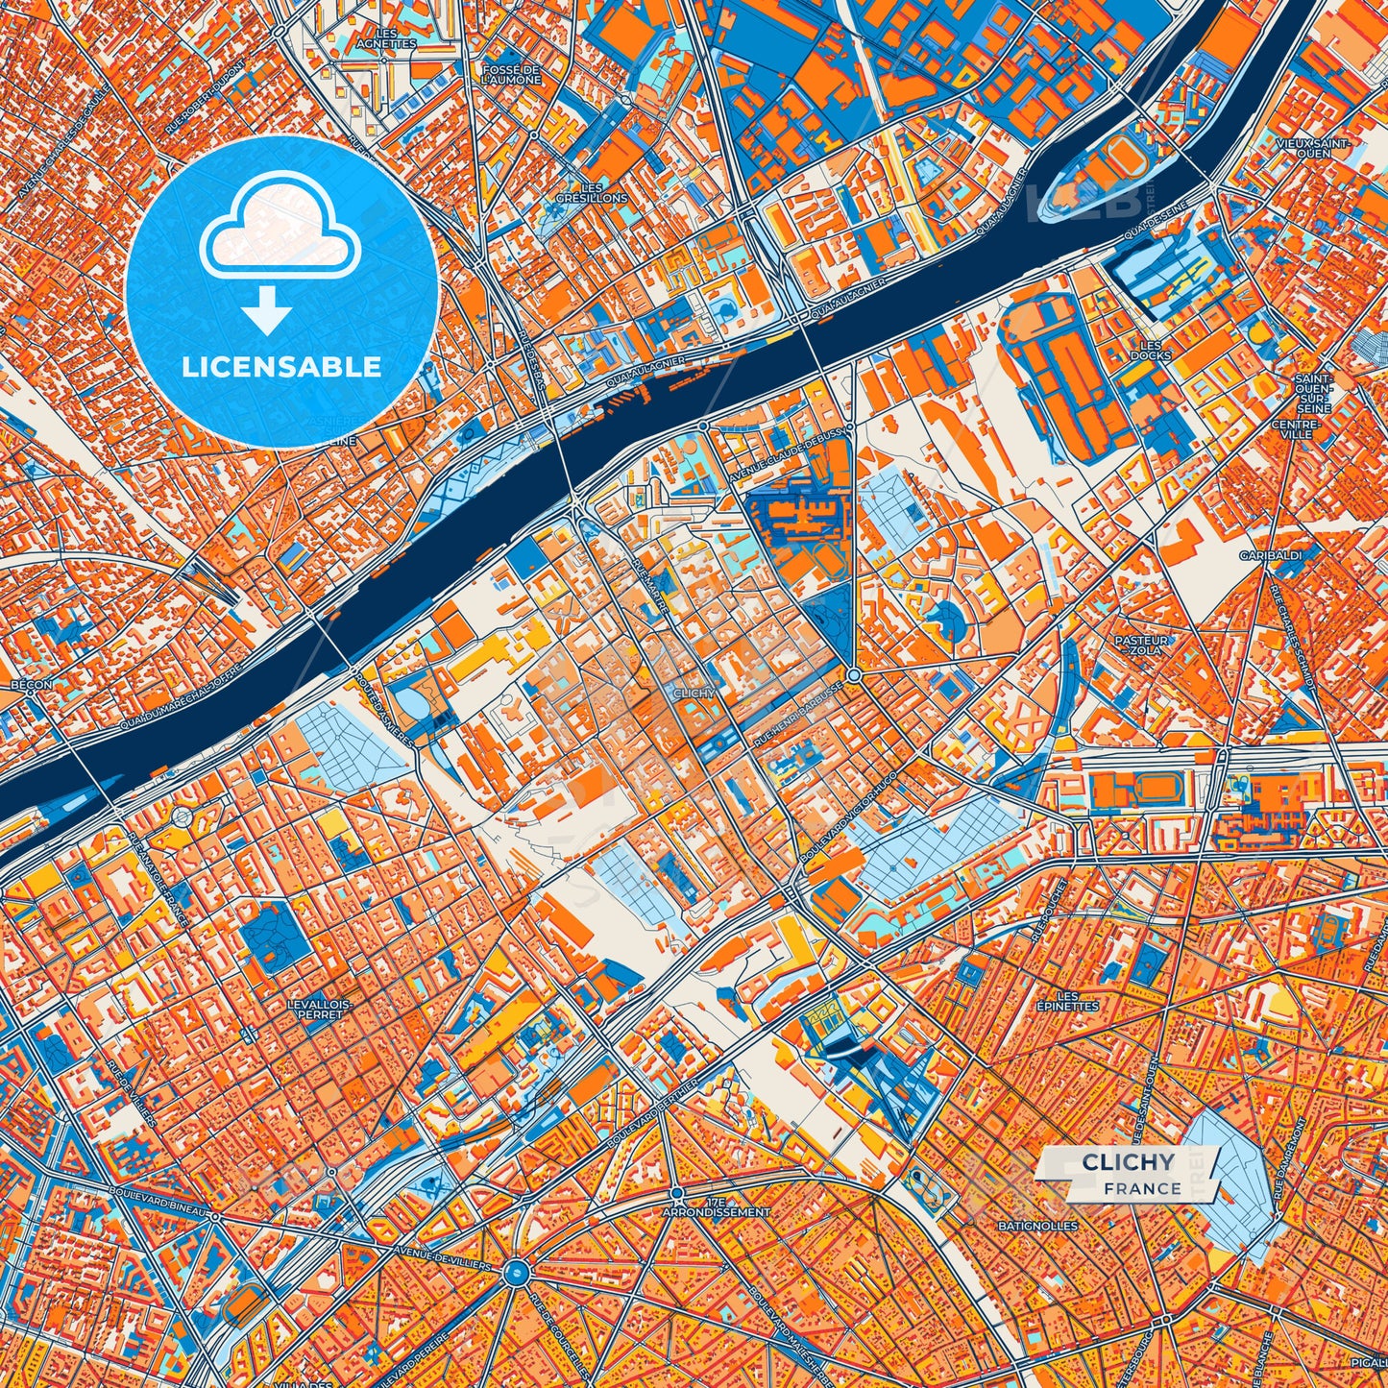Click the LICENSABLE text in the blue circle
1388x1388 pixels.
coord(281,367)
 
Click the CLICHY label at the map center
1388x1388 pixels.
coord(693,693)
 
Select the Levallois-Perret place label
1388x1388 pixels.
coord(320,1009)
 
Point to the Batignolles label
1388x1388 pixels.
coord(1037,1226)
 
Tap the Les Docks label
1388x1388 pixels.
coord(1150,351)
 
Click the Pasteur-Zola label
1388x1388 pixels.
coord(1141,645)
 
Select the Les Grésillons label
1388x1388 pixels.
coord(592,192)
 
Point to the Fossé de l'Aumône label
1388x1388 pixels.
coord(512,74)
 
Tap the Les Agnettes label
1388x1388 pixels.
coord(385,38)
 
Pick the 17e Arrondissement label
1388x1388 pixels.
coord(716,1207)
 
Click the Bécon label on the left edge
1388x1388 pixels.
coord(32,685)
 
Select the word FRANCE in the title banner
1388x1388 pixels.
coord(1142,1188)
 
